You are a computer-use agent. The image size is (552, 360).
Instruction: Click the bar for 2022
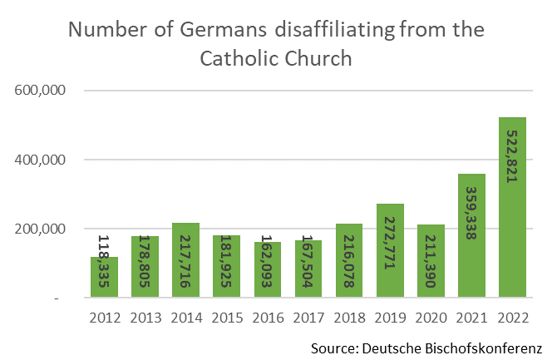(512, 208)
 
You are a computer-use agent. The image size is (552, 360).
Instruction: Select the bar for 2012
(104, 278)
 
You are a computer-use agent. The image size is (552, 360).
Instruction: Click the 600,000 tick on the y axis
(41, 91)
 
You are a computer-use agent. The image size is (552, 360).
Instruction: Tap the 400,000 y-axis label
(41, 160)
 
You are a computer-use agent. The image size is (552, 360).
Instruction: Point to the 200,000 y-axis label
(41, 229)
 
